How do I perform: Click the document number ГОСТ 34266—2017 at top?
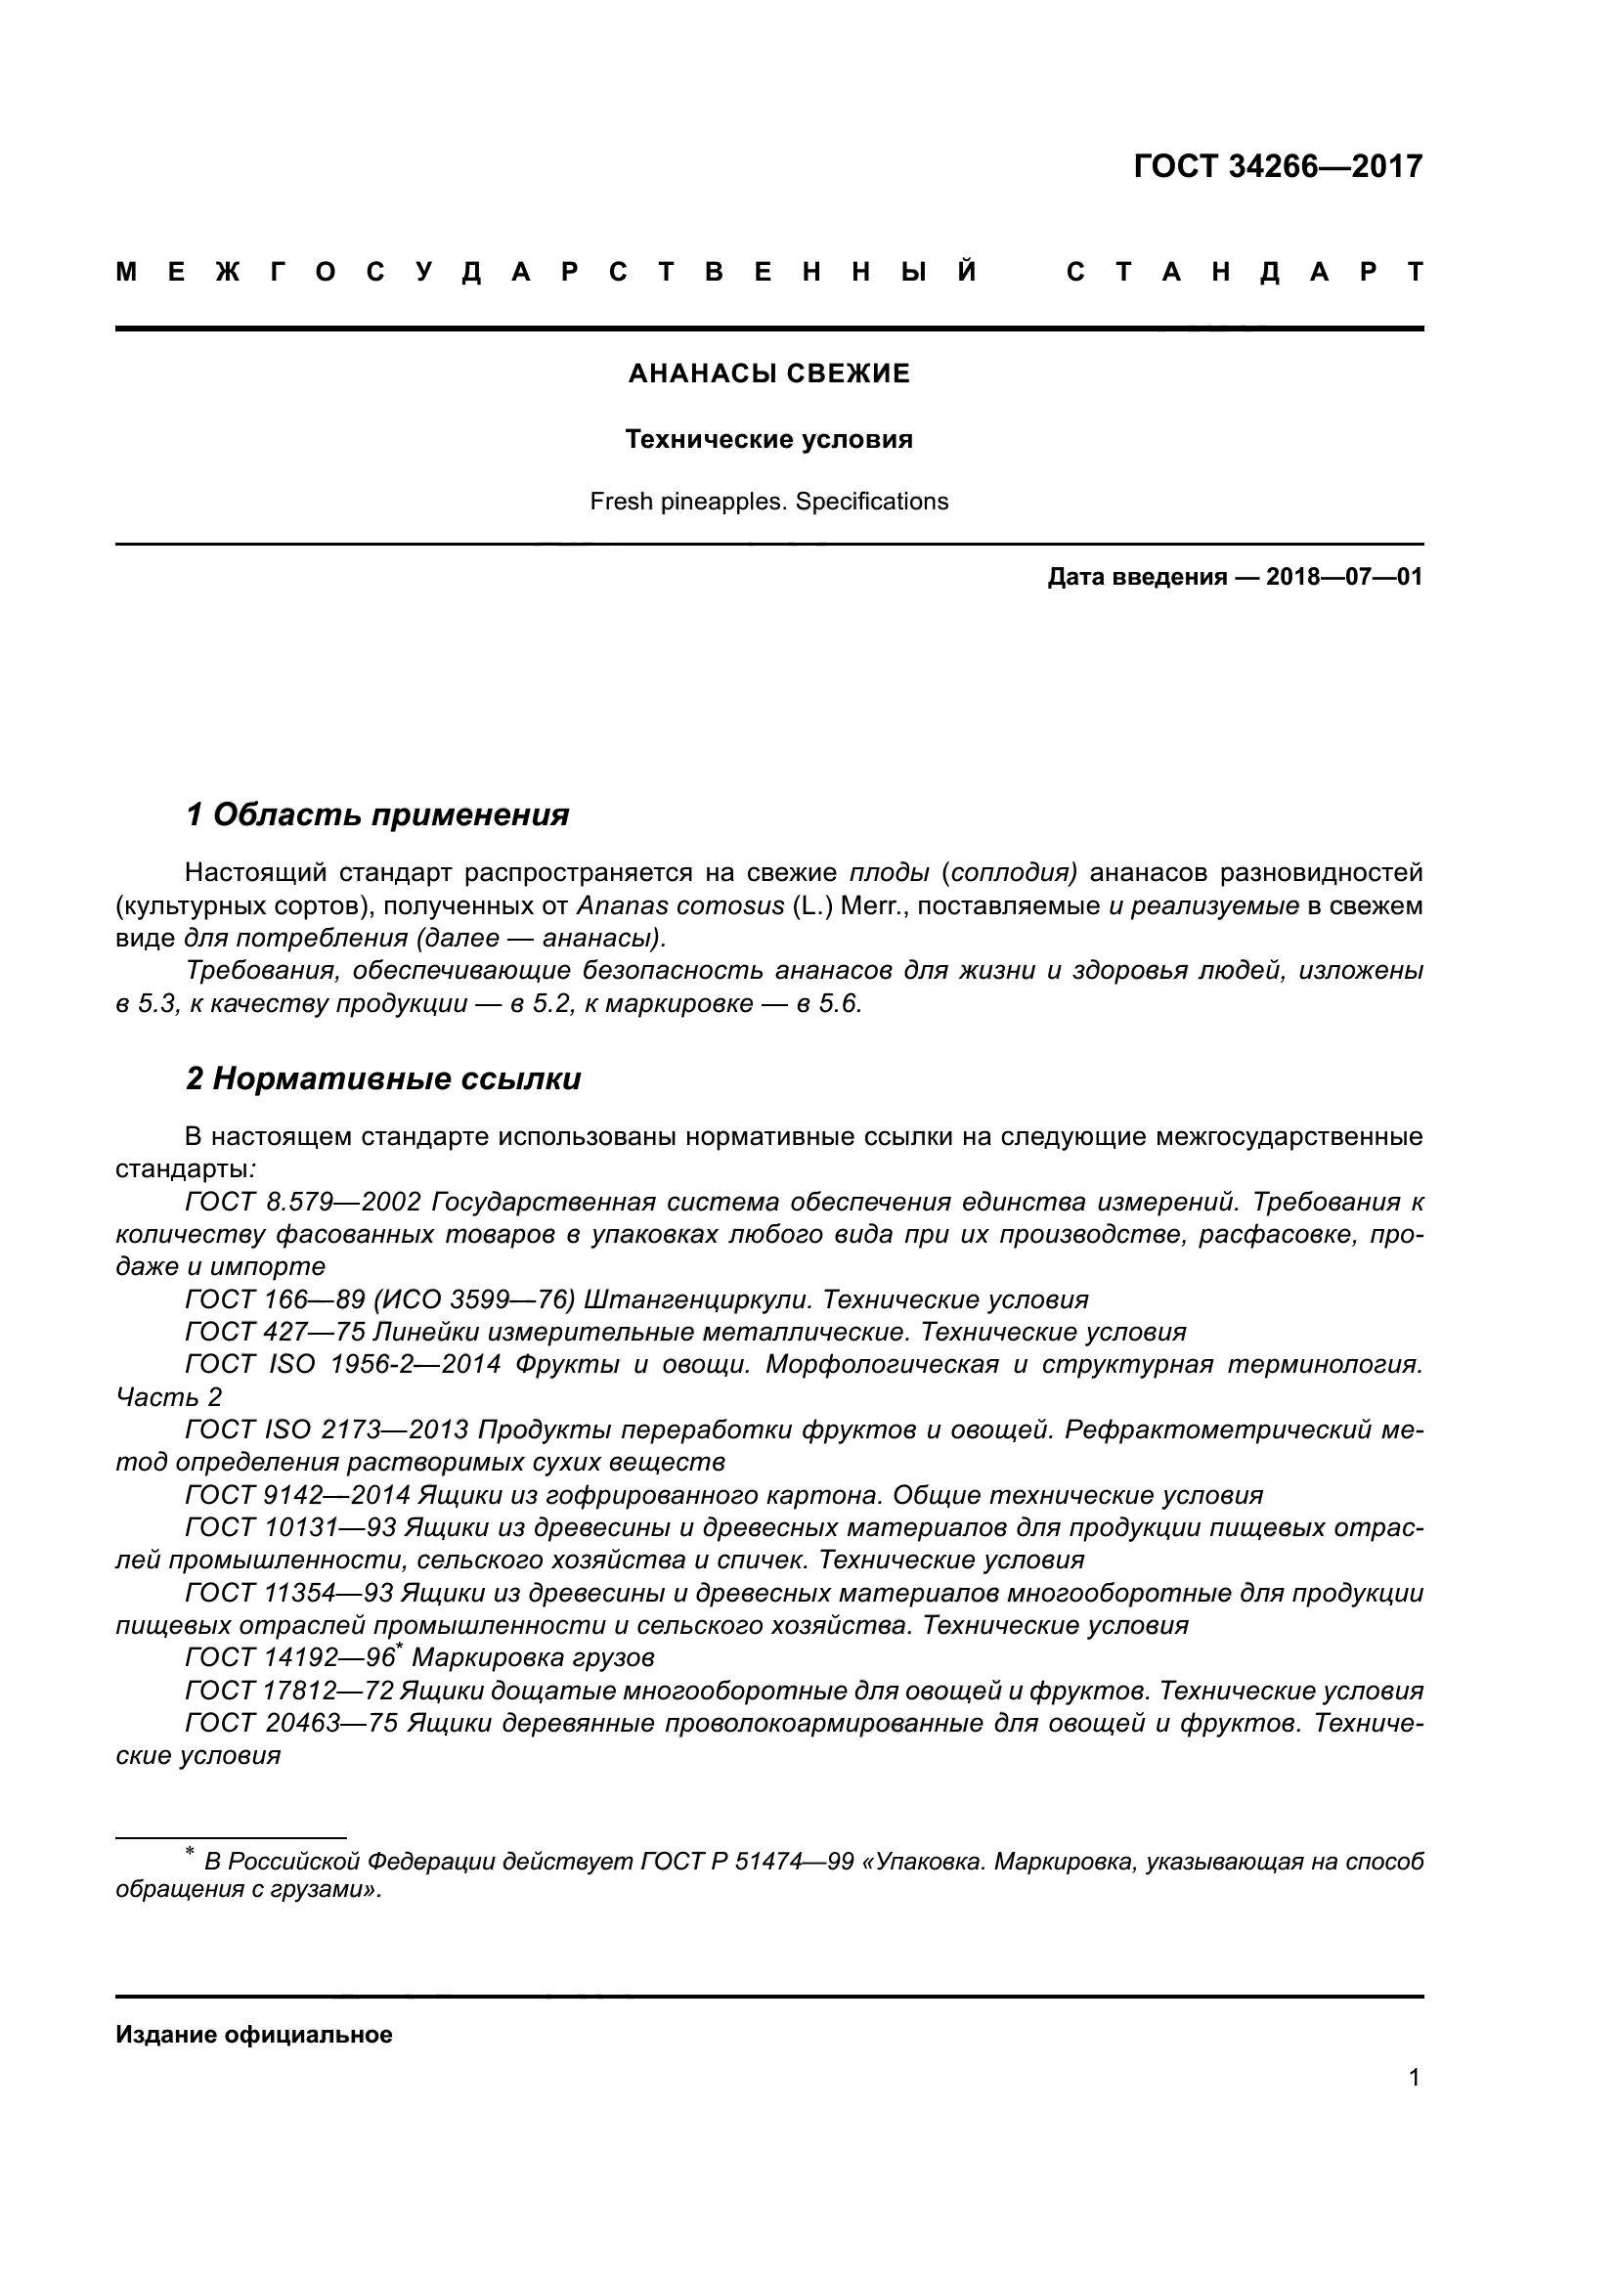point(1278,166)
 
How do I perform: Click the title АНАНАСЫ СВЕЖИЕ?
point(768,374)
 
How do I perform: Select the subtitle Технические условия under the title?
point(768,439)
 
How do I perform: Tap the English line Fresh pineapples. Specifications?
point(768,502)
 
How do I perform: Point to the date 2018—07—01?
point(1343,577)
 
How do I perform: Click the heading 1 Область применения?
point(377,814)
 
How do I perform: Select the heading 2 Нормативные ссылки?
point(383,1078)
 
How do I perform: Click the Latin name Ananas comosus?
point(680,906)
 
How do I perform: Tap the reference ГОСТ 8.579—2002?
point(304,1203)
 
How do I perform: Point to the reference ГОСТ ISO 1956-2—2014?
point(342,1366)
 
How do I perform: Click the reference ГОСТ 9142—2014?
point(298,1495)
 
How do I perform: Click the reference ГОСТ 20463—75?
point(291,1723)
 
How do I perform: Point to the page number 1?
point(1414,2097)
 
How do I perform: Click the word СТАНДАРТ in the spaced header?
point(1245,272)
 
